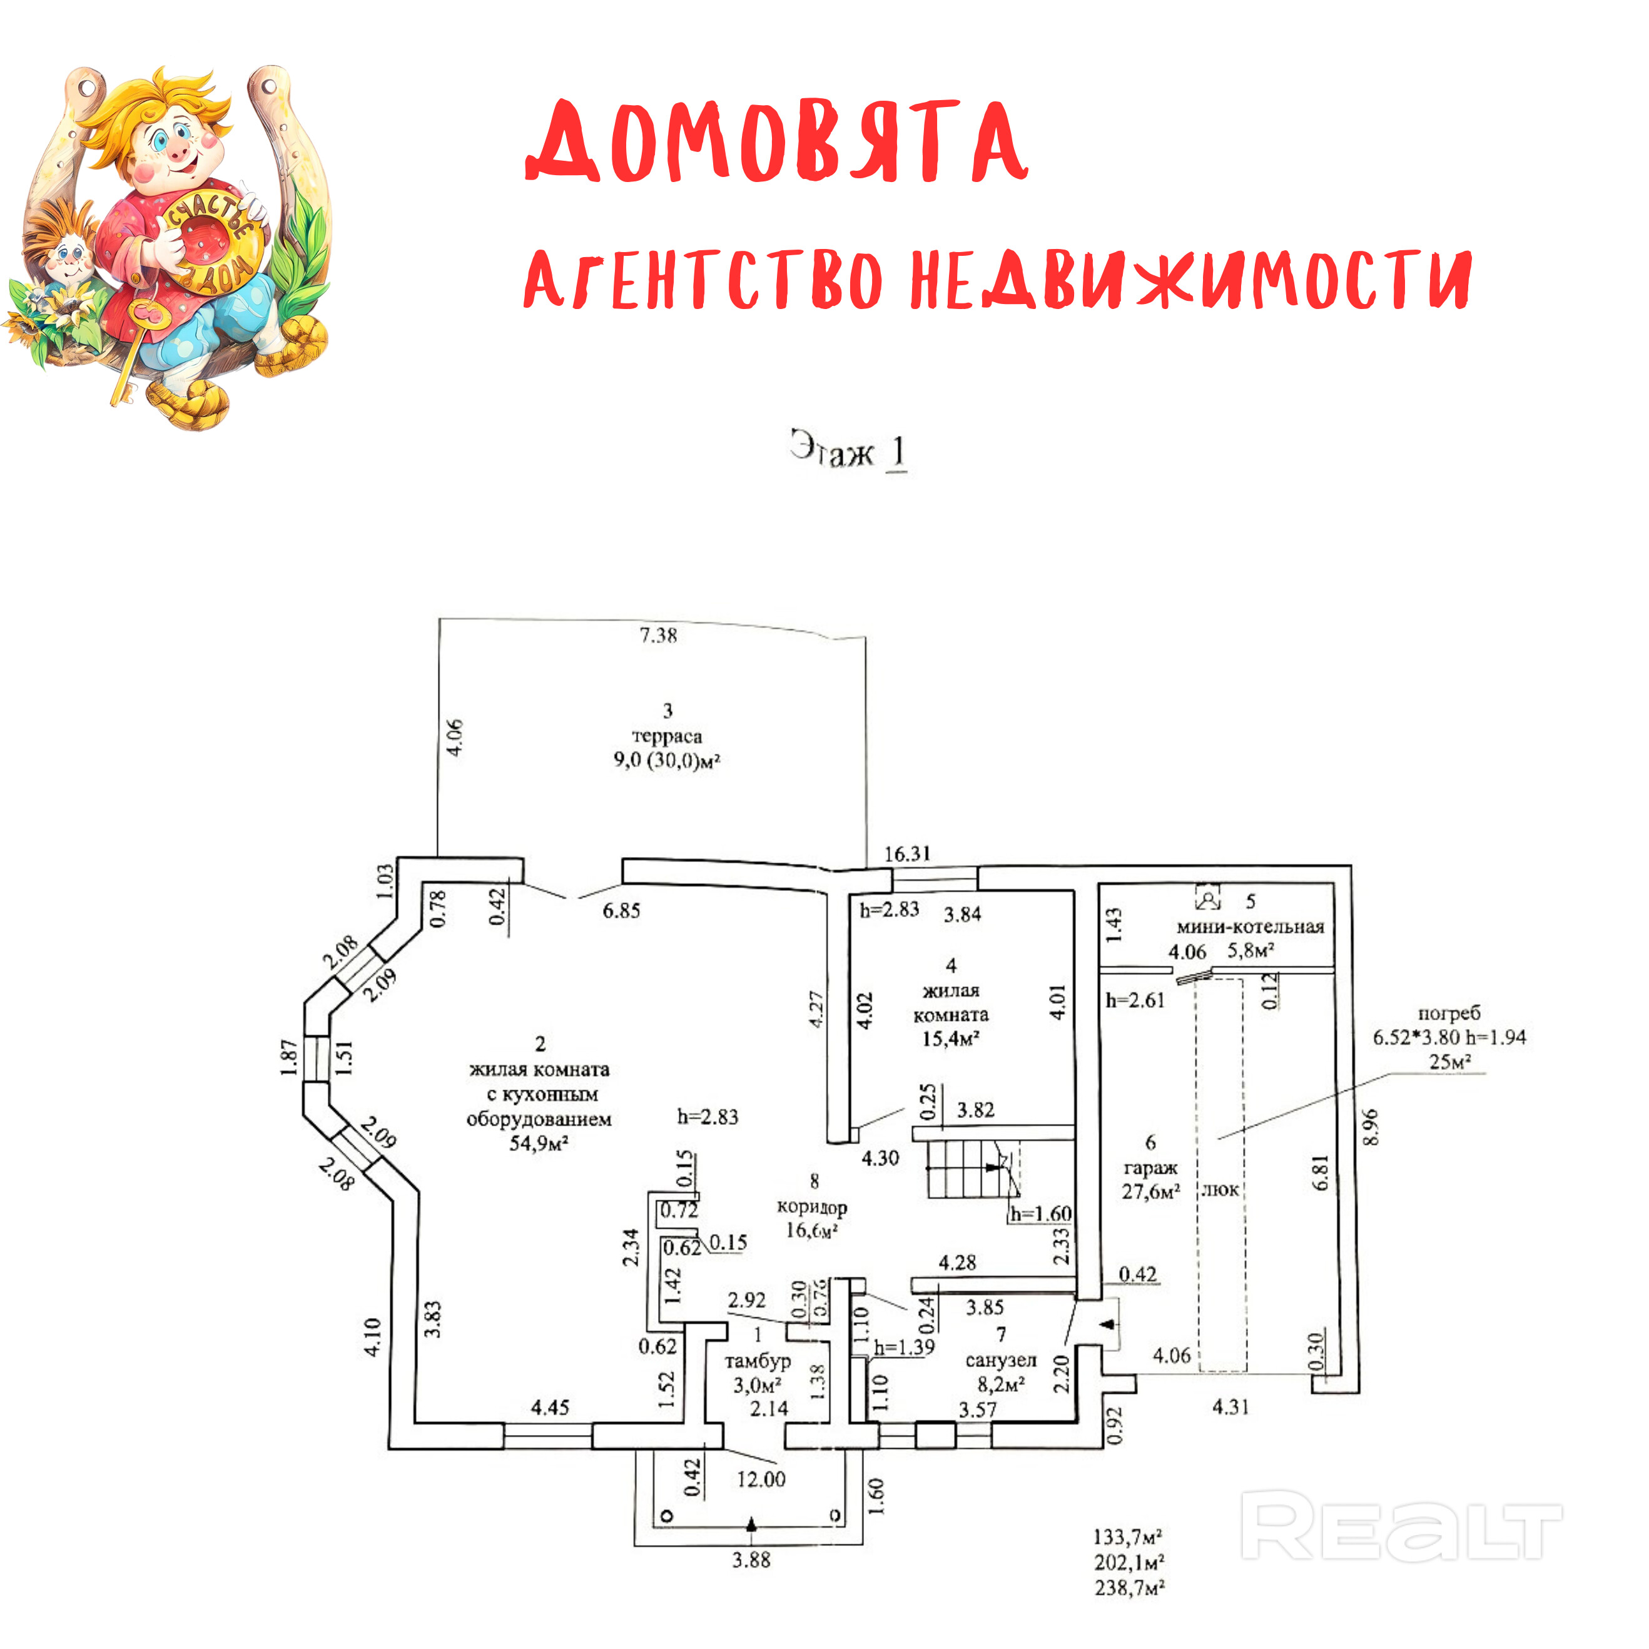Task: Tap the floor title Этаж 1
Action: click(848, 450)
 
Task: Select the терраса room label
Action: click(667, 736)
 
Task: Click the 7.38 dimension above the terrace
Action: click(658, 635)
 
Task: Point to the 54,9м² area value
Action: click(539, 1144)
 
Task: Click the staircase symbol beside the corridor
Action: click(969, 1169)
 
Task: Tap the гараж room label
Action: click(1150, 1167)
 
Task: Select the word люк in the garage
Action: click(1220, 1190)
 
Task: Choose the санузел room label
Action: click(1000, 1359)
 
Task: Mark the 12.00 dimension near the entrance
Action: click(761, 1479)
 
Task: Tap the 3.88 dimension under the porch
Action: click(751, 1560)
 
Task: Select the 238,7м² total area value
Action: click(1129, 1588)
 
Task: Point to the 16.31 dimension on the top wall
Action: click(907, 853)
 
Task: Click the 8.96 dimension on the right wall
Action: click(1370, 1127)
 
